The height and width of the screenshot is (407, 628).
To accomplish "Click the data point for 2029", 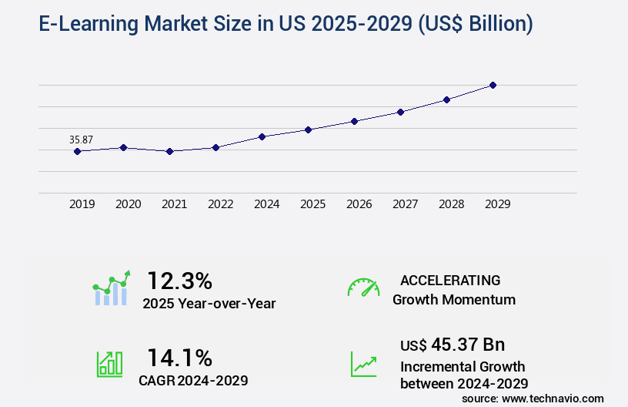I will coord(493,85).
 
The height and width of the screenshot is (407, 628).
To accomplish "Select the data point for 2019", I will coord(77,151).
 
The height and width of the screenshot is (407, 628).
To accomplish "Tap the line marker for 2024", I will coord(262,136).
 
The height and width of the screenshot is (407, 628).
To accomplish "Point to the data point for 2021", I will coord(170,151).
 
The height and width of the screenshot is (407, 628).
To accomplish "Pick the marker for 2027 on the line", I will coord(400,112).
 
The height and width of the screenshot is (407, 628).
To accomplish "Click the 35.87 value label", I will coord(81,140).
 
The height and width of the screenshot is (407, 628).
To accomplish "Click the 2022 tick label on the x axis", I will coord(220,204).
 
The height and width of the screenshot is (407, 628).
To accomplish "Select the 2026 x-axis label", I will coord(359,204).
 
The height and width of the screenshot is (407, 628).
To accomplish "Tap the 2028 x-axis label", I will coord(451,204).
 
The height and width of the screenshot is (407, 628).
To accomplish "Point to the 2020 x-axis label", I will coord(128,204).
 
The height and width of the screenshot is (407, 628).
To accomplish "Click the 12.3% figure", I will coord(179,280).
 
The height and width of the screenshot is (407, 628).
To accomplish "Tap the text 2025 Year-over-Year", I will coord(209,304).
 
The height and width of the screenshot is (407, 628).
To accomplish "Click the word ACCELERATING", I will coord(450,280).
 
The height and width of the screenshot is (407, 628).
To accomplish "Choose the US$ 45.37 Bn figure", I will coord(453,344).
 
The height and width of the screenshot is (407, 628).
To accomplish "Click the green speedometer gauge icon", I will coord(363,287).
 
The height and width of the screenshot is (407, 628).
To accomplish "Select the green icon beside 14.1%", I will coord(109,364).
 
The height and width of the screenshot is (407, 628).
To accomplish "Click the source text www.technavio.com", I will coord(553,398).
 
